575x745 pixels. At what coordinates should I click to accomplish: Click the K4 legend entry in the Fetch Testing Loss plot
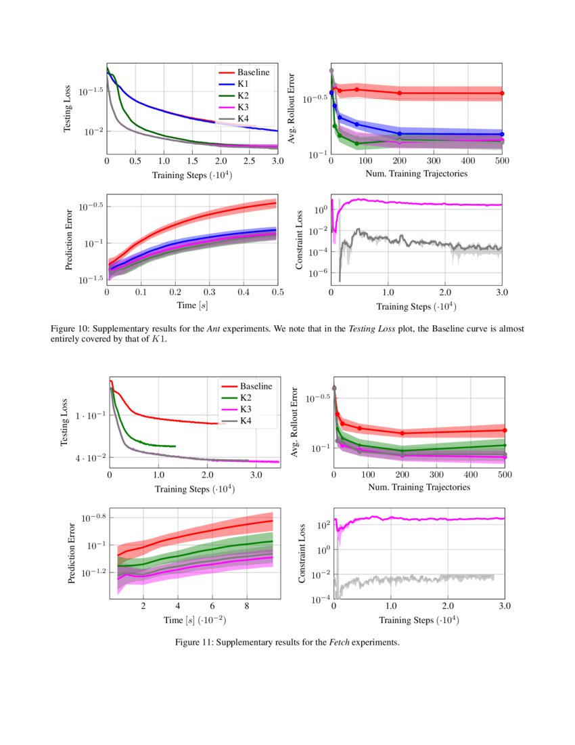246,421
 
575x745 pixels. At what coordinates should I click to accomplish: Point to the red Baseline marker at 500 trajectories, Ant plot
502,93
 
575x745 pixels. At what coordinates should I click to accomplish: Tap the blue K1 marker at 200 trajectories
400,133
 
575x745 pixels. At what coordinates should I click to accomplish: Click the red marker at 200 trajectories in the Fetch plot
402,433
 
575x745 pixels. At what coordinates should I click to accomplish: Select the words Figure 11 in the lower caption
195,641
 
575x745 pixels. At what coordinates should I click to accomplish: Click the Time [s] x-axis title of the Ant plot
191,306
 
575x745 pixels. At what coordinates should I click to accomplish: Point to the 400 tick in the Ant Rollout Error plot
467,161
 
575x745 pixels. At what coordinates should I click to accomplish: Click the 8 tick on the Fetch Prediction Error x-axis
246,605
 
